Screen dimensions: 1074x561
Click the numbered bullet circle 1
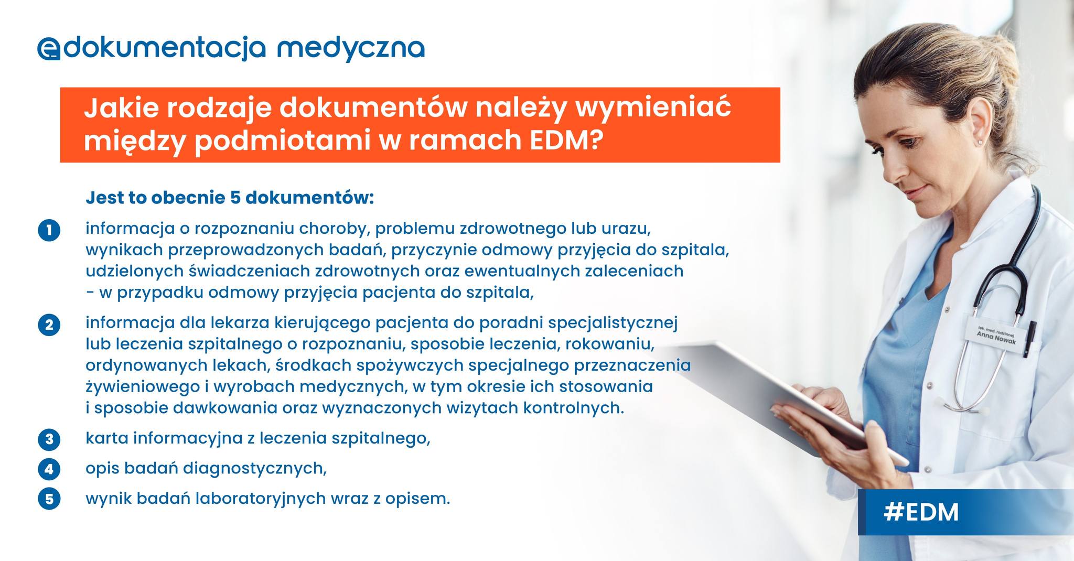point(49,231)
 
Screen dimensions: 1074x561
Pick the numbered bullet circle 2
point(49,325)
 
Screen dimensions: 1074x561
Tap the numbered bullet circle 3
point(49,439)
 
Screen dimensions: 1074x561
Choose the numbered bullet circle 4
point(49,469)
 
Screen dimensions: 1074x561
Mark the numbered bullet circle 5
point(49,499)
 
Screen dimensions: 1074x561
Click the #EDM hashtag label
point(921,512)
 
